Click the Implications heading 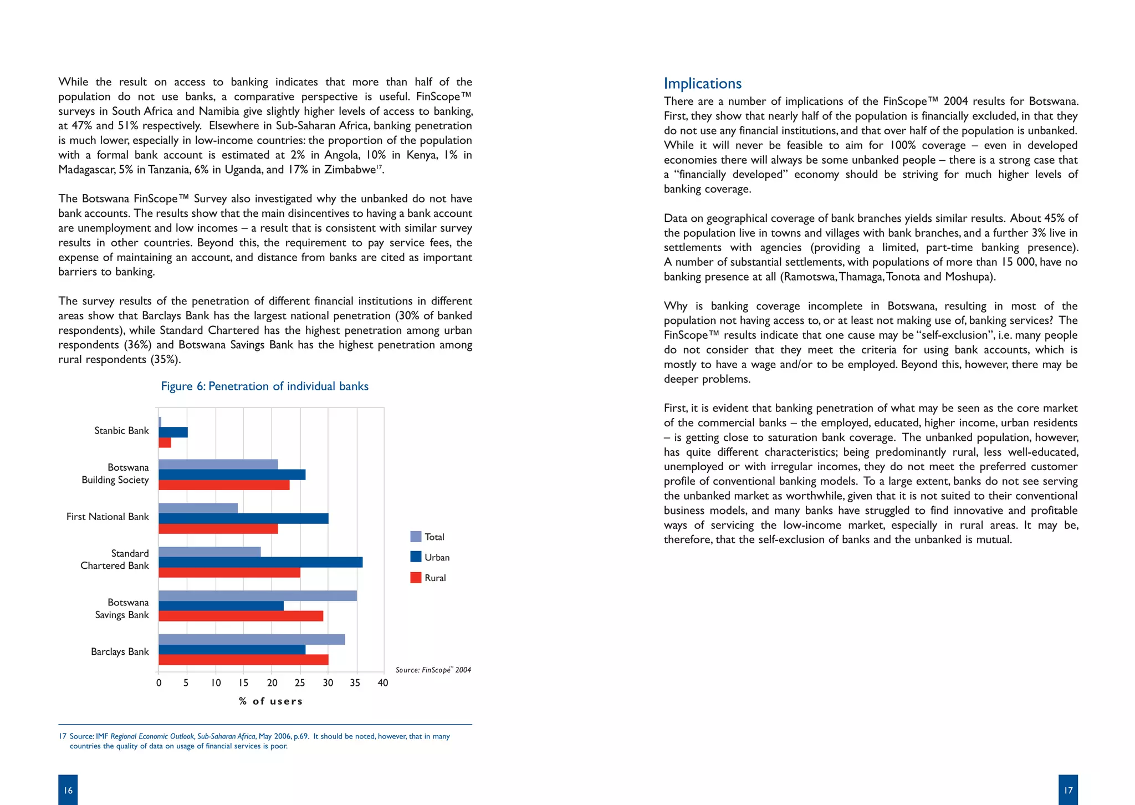702,84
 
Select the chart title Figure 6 264,386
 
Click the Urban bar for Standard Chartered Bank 260,562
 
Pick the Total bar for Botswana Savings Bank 258,596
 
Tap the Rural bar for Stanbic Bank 165,443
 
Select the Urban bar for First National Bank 243,518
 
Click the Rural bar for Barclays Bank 243,660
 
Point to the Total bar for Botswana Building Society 218,465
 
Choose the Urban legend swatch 416,557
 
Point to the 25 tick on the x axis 300,683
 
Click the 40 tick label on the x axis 382,683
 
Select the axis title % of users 271,701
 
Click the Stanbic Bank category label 121,431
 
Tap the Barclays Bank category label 120,651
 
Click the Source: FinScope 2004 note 433,670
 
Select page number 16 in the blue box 68,790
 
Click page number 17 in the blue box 1068,790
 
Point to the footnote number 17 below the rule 63,737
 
